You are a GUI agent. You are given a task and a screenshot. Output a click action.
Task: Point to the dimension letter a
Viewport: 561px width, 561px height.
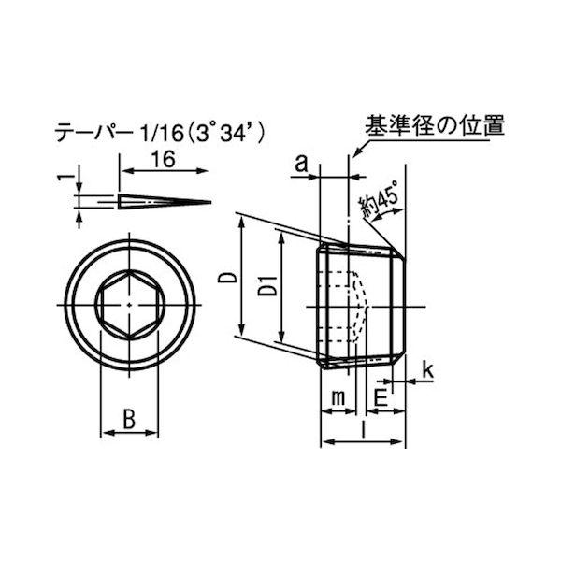pyautogui.click(x=301, y=164)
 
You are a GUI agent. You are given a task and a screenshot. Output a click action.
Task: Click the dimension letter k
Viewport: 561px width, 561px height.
pyautogui.click(x=427, y=370)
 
